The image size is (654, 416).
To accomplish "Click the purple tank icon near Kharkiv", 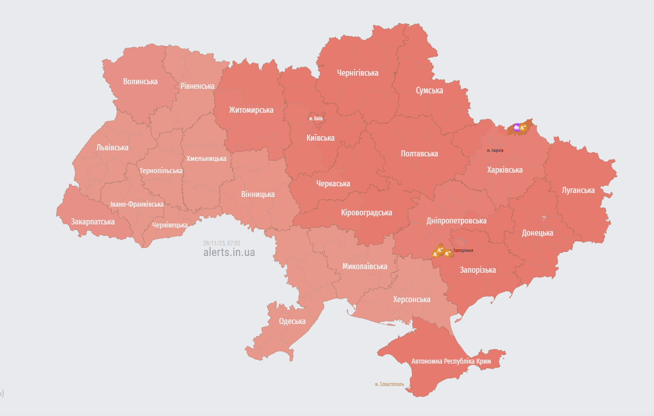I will click(x=516, y=127).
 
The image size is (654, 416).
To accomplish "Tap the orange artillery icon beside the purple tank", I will click(x=523, y=128).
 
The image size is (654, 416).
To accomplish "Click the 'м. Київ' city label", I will click(x=316, y=118).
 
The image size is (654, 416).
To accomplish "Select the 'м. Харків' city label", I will click(x=495, y=150).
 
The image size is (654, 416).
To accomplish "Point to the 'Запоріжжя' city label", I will click(x=463, y=250).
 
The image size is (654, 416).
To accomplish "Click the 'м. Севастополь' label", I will click(x=390, y=384).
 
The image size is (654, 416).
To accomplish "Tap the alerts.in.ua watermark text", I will click(x=229, y=252).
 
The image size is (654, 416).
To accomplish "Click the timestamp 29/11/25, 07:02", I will click(x=221, y=243).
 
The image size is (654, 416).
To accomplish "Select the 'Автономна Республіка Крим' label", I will click(x=451, y=361).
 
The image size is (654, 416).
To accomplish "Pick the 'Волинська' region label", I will click(x=140, y=81).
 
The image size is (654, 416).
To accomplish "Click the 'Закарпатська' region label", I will click(x=93, y=221).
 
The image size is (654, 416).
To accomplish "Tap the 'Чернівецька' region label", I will click(x=170, y=225).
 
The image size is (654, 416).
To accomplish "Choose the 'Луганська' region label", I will click(x=578, y=190).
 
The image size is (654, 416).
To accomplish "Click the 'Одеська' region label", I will click(x=292, y=321).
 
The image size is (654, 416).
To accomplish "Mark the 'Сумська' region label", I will click(x=429, y=90).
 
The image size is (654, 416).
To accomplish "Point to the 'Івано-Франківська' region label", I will click(x=137, y=204).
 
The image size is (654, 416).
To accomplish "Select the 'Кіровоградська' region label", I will click(x=367, y=212).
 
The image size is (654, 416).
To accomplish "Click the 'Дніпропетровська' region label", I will click(x=456, y=220).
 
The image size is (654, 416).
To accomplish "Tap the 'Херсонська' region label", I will click(x=411, y=299).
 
